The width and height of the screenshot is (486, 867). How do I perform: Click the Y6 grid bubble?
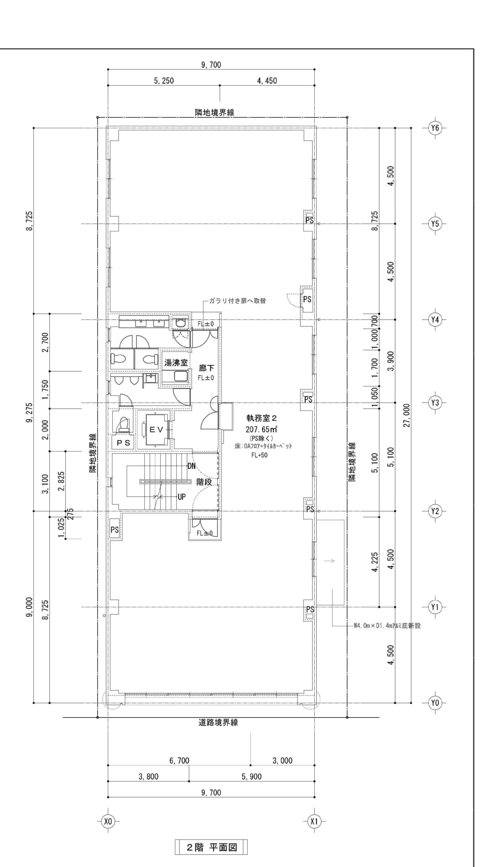point(435,128)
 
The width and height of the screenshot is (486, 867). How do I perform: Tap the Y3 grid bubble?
point(435,403)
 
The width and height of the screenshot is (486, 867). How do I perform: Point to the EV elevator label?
point(156,430)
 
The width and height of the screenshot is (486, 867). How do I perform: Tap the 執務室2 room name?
point(262,419)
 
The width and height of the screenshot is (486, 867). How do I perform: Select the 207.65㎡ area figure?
point(261,429)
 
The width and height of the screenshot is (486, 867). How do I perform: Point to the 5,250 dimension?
point(164,81)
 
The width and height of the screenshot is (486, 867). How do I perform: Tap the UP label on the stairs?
point(182,497)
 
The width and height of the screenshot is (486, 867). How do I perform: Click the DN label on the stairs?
point(192,466)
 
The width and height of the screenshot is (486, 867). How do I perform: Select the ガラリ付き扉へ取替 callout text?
point(237,301)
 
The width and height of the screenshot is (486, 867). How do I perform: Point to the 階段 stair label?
point(204,482)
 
